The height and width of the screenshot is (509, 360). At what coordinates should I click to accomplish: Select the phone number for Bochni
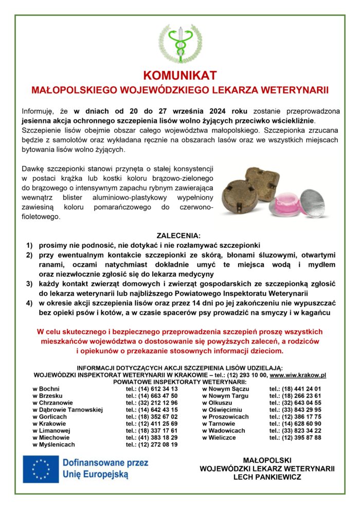pos(152,389)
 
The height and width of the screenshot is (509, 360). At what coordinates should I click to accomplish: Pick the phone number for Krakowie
pos(152,424)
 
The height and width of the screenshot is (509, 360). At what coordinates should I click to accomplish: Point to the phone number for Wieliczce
pos(295,438)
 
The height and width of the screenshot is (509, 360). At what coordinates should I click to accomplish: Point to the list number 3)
pos(29,284)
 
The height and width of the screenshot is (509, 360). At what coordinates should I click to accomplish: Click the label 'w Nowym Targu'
pos(225,396)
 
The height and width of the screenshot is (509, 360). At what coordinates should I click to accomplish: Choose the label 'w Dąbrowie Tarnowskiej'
pos(67,410)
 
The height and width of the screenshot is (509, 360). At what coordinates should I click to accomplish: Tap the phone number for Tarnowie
pos(295,424)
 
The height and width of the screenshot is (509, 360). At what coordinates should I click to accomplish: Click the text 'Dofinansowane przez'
pos(105,463)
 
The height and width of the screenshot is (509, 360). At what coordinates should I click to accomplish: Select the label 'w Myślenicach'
pos(53,444)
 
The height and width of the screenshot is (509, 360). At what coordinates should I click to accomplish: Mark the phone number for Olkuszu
pos(295,403)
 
